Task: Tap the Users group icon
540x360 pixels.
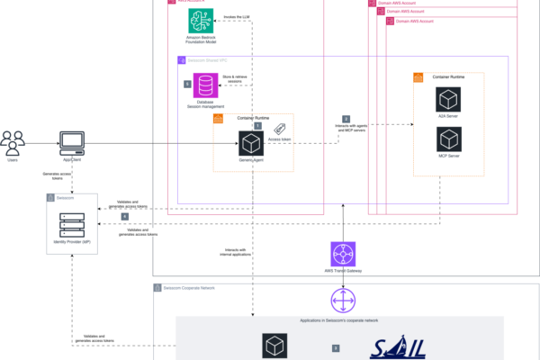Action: (13, 142)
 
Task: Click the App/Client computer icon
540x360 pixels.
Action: (72, 143)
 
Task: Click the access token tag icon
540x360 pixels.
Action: (281, 129)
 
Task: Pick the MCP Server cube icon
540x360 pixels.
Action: (447, 139)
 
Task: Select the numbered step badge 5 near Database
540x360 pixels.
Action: (187, 84)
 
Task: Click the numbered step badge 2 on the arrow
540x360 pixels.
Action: (346, 118)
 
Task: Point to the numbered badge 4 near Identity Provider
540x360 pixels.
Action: (124, 217)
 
